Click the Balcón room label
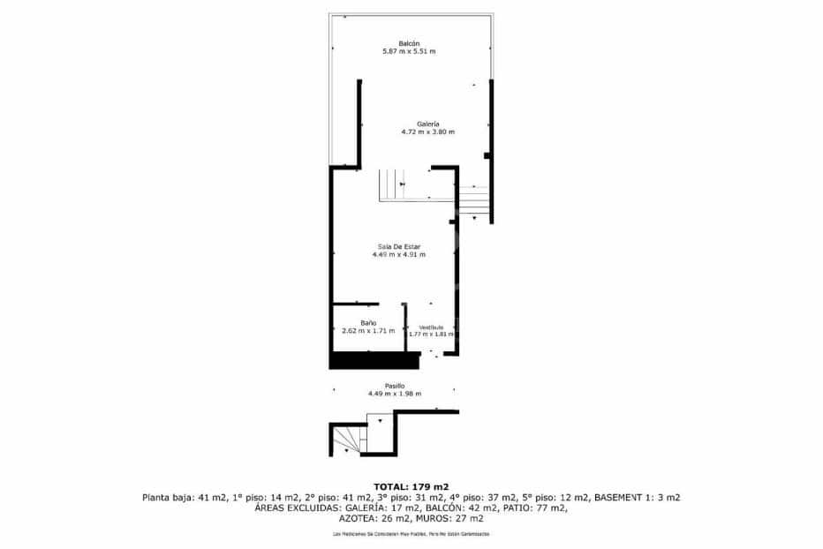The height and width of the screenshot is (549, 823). coord(408,43)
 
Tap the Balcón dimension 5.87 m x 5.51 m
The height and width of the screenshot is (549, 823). coord(408,52)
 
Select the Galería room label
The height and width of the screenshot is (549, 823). coord(428,124)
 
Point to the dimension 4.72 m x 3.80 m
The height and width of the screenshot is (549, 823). coord(428,132)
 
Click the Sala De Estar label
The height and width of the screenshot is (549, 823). coord(399,245)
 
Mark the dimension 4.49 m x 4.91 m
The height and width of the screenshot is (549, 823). coord(399,254)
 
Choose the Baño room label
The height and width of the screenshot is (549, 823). coord(368,323)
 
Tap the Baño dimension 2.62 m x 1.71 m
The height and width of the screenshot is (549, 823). coord(368,331)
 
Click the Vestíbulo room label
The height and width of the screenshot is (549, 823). coord(431,327)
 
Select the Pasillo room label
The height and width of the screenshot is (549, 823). coord(395,386)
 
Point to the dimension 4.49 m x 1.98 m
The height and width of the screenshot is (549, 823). coord(395,394)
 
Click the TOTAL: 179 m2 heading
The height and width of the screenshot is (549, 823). coord(411,486)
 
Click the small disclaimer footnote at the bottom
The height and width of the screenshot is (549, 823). coord(411,535)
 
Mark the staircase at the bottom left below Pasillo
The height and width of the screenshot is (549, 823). coord(348,438)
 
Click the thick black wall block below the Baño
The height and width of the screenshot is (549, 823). coord(373,360)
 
